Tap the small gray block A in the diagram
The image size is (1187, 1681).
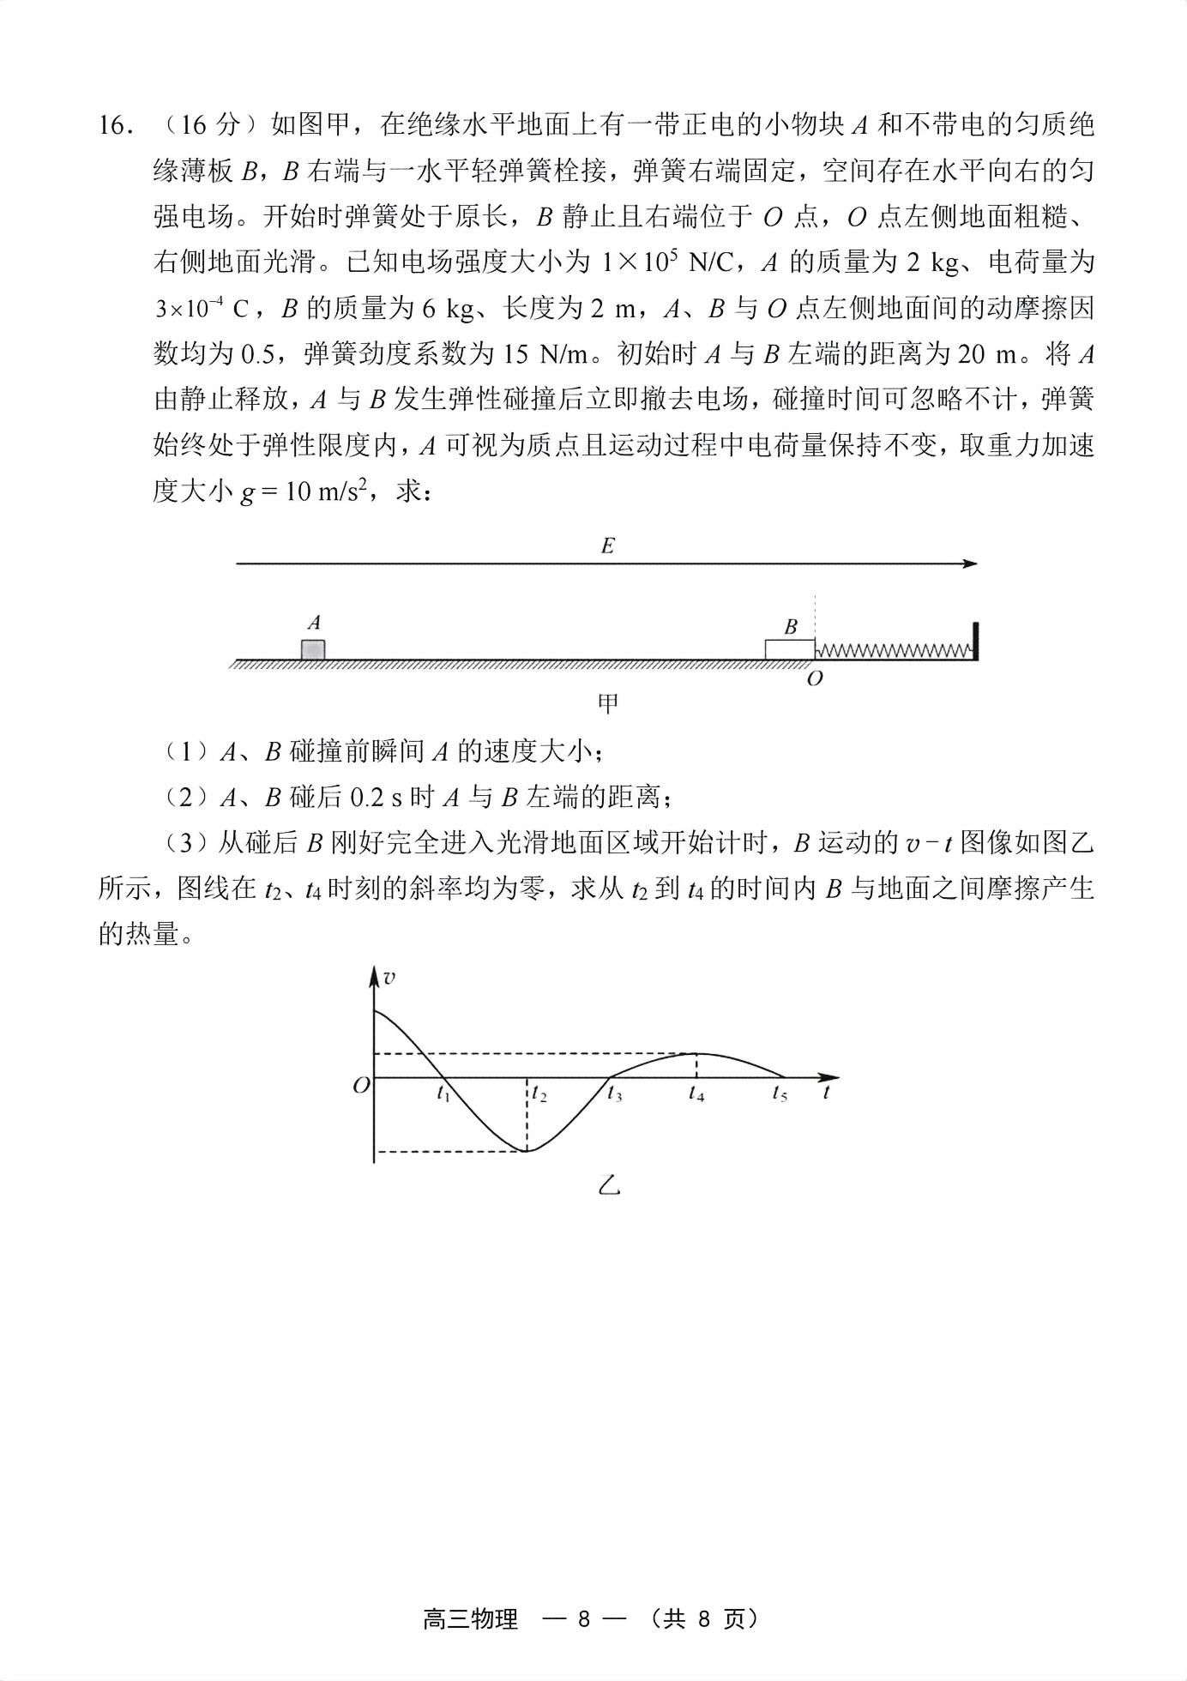pos(313,649)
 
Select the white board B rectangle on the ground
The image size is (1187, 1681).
pos(789,649)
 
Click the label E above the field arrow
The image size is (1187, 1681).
pos(607,546)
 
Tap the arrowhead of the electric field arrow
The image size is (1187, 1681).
pos(970,563)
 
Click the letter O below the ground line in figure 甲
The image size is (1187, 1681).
pos(815,679)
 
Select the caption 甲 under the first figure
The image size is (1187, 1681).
pos(607,705)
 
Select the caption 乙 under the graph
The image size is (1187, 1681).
pos(608,1186)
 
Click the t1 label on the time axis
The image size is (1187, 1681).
pos(443,1094)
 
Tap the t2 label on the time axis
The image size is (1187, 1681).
pos(539,1094)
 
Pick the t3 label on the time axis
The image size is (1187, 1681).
pos(614,1094)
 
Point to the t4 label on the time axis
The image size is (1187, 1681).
pos(696,1094)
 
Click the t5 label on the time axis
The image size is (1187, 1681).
pos(779,1094)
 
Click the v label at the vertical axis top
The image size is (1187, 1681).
pos(389,978)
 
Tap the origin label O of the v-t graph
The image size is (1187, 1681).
pos(361,1085)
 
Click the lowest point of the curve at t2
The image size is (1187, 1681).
pos(527,1150)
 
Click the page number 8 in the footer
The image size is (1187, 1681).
pos(584,1619)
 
